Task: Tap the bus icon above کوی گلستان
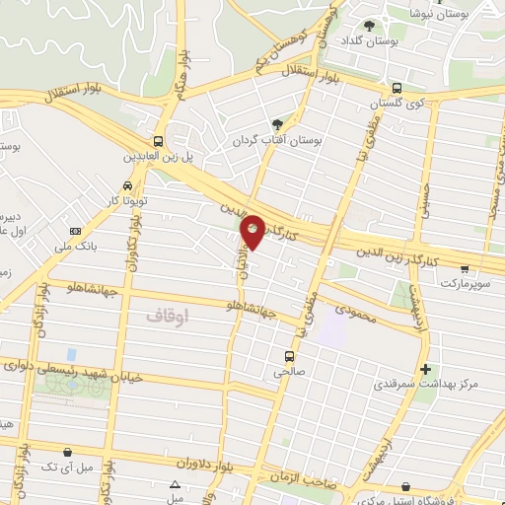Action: [x=397, y=87]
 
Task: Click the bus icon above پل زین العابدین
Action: [x=159, y=141]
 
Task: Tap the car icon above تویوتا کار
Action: [x=128, y=184]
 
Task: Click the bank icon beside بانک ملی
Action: [x=75, y=232]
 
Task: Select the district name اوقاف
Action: [x=167, y=315]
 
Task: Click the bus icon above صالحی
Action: [x=288, y=357]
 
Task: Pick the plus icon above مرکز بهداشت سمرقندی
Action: [x=425, y=370]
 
